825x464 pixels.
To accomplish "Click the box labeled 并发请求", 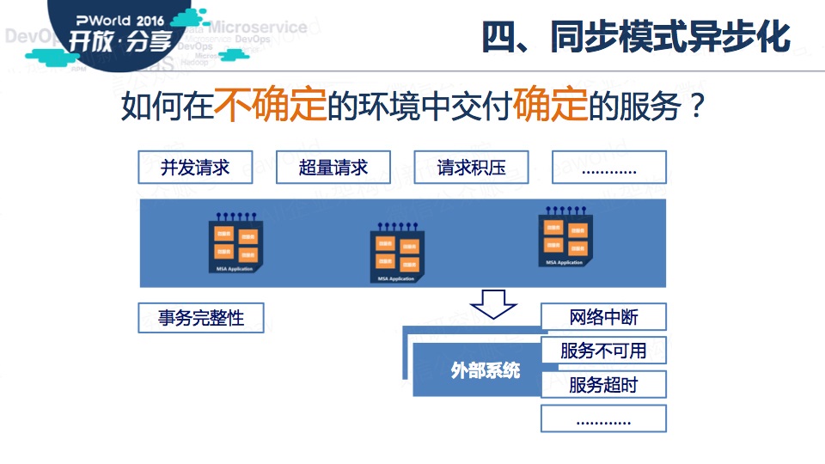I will click(195, 168).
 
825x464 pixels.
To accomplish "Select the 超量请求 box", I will click(333, 168).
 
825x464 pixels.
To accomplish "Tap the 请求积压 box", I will click(471, 168).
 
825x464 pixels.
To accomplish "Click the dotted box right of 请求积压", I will click(608, 168).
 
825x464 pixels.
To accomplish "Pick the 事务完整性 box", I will click(201, 318).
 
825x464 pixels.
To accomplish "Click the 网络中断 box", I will click(603, 317).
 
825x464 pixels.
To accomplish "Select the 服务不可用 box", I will click(603, 351).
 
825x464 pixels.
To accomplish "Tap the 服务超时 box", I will click(603, 384).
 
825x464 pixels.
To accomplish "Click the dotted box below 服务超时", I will click(603, 418).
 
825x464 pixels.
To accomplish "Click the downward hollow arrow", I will click(492, 304).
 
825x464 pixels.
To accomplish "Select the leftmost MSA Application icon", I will click(235, 244).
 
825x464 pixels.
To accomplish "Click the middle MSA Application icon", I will click(396, 253).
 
